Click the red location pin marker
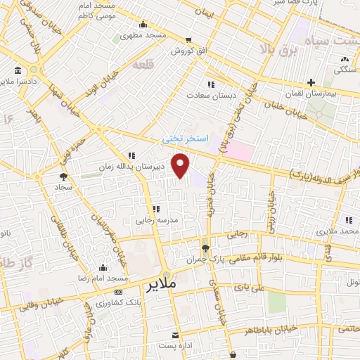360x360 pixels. pyautogui.click(x=181, y=165)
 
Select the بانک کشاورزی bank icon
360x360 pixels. pyautogui.click(x=117, y=291)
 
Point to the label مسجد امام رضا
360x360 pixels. pyautogui.click(x=78, y=278)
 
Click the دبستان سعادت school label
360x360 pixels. pyautogui.click(x=211, y=94)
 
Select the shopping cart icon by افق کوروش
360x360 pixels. pyautogui.click(x=188, y=40)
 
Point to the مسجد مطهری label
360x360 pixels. pyautogui.click(x=143, y=35)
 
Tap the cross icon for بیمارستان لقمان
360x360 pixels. pyautogui.click(x=310, y=82)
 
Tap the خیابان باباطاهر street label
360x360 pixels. pyautogui.click(x=282, y=327)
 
